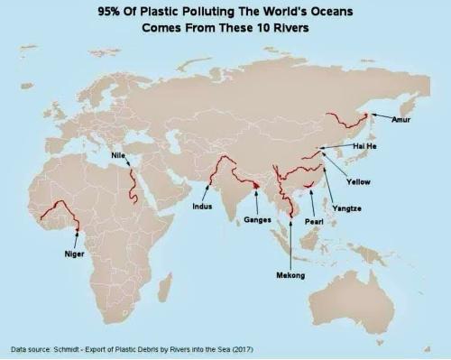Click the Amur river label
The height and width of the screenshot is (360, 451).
tap(401, 120)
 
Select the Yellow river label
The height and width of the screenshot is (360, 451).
tap(357, 181)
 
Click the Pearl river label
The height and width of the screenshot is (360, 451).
tap(314, 221)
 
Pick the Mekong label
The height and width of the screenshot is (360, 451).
tap(290, 274)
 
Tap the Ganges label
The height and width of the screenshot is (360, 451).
tap(257, 219)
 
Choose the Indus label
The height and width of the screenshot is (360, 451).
tap(203, 206)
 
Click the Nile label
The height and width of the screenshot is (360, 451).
tap(117, 154)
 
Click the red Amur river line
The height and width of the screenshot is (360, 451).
tap(346, 117)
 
